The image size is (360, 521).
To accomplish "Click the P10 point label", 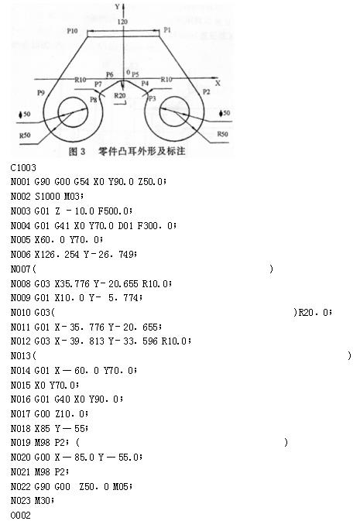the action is [72, 31].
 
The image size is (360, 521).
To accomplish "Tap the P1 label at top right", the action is [167, 30].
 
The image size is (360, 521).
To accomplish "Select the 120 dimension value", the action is [122, 22].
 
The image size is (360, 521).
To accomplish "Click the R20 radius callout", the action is [120, 96].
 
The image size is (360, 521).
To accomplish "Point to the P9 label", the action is [40, 93].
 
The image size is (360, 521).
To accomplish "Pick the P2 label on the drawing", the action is [207, 91].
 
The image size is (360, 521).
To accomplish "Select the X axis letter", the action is [218, 83].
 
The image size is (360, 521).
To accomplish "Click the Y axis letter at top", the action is [118, 6].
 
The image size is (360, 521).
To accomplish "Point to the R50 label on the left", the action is [25, 135].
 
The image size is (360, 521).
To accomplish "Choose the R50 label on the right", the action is [222, 134].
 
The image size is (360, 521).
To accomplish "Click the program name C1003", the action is [23, 167].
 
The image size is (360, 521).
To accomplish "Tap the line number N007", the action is [21, 269].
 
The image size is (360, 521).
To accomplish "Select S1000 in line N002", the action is [47, 196].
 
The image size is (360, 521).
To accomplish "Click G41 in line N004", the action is [62, 225].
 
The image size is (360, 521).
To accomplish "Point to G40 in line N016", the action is [62, 399].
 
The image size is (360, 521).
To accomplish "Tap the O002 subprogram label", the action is [21, 515].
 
